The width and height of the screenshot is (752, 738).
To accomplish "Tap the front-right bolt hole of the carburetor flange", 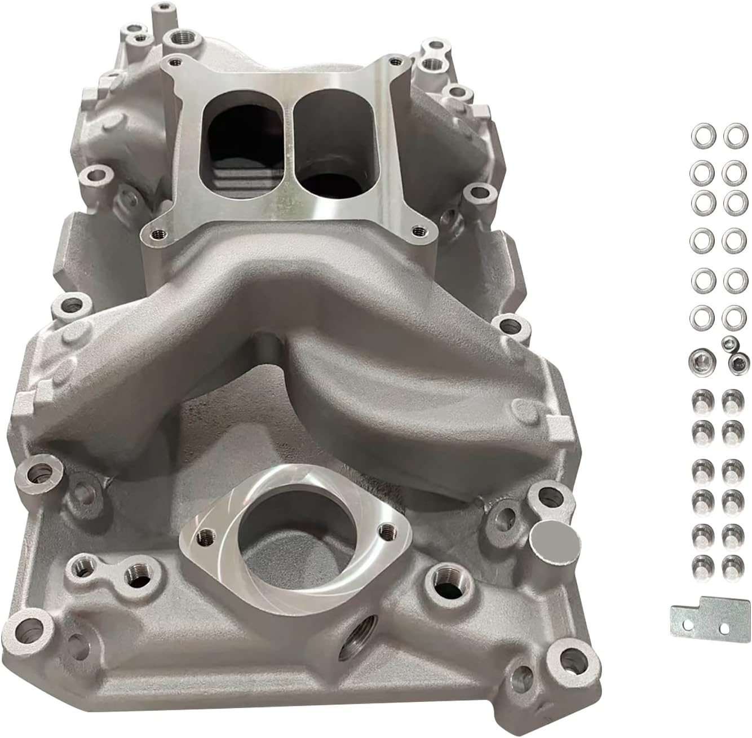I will click(x=417, y=230).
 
